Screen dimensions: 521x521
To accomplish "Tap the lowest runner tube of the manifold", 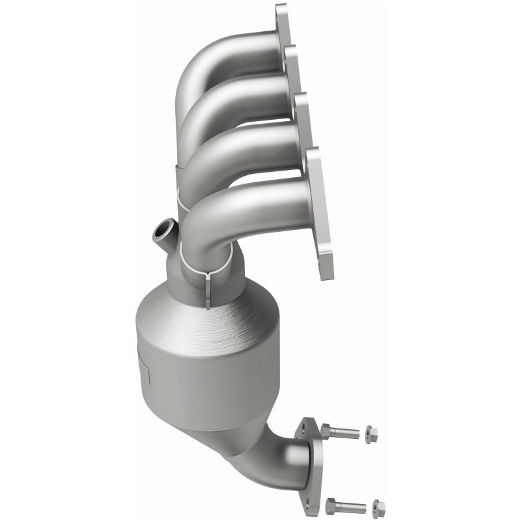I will pyautogui.click(x=247, y=208).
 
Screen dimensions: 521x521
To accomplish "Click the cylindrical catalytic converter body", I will pyautogui.click(x=202, y=378).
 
